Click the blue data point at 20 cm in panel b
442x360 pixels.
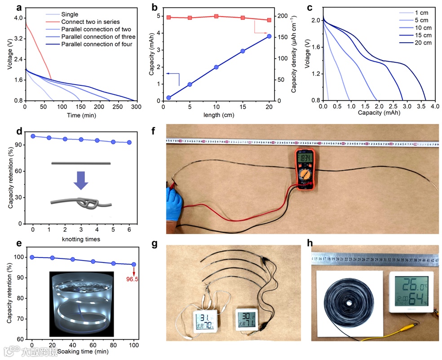click(269, 36)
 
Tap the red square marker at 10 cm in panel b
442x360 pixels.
click(216, 16)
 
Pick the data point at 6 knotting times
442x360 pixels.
click(129, 142)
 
